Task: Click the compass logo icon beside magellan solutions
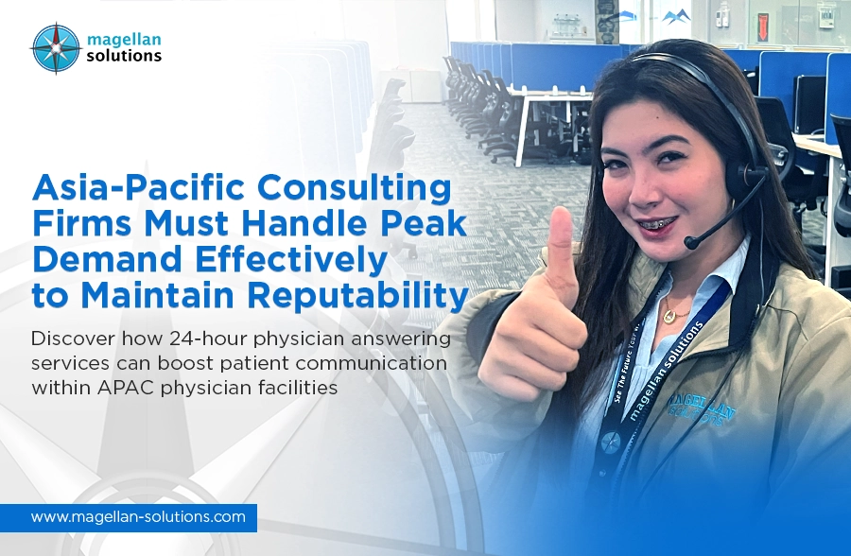56,48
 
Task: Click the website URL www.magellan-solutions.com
138,516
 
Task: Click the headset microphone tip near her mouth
692,242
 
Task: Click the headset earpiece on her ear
746,177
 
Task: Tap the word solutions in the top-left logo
124,56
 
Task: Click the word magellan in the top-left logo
124,40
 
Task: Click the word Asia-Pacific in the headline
140,188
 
